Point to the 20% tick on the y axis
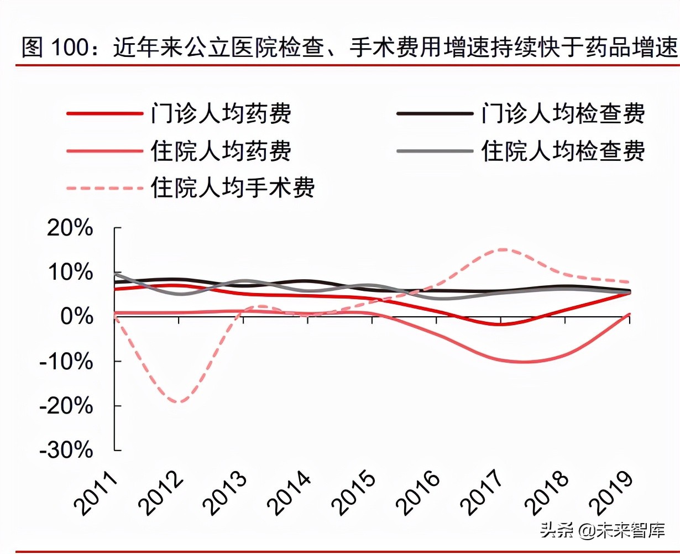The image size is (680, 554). coord(70,227)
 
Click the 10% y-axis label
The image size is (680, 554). coord(70,272)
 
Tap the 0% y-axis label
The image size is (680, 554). coord(76,317)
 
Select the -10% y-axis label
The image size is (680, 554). coord(66,362)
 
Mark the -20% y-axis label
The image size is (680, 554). coord(66,406)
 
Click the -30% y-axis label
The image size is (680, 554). coord(66,451)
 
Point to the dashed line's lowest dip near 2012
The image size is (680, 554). coord(178,402)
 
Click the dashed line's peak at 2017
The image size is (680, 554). coord(502,249)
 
